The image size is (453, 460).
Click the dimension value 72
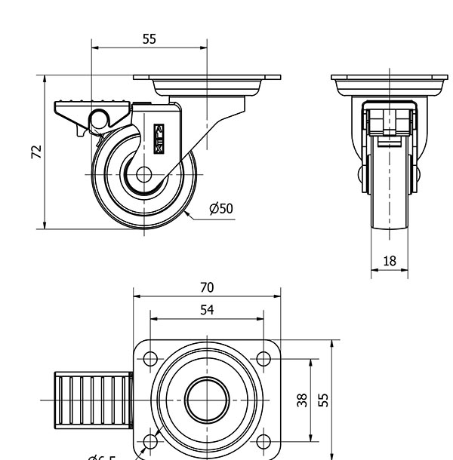(35, 151)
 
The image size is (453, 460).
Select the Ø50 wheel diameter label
(220, 208)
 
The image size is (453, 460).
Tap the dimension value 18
(390, 261)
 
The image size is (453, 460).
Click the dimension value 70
(207, 287)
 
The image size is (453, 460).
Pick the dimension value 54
(207, 310)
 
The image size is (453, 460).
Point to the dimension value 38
(302, 399)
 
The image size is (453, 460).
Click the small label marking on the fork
(159, 139)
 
